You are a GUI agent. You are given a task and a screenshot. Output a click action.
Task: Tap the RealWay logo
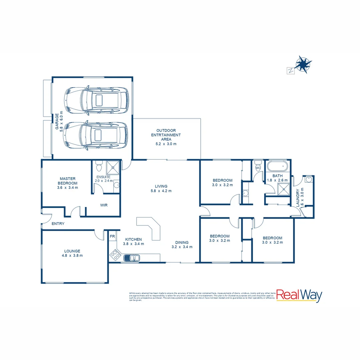tap(299, 296)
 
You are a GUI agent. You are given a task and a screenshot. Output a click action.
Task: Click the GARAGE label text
tap(57, 122)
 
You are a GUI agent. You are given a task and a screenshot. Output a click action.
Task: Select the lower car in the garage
tap(96, 135)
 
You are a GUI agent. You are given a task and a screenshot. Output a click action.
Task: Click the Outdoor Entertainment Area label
tap(166, 137)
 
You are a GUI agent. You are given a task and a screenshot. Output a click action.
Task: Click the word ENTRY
tap(58, 224)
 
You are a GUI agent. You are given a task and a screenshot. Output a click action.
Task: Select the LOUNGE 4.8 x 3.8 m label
tap(72, 253)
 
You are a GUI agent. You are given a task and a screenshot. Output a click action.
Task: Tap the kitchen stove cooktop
tap(115, 255)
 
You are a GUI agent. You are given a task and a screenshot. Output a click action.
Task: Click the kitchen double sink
tap(132, 258)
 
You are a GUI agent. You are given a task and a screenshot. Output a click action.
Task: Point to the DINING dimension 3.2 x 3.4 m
tap(182, 247)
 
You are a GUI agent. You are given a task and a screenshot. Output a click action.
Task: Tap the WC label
tap(258, 168)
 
